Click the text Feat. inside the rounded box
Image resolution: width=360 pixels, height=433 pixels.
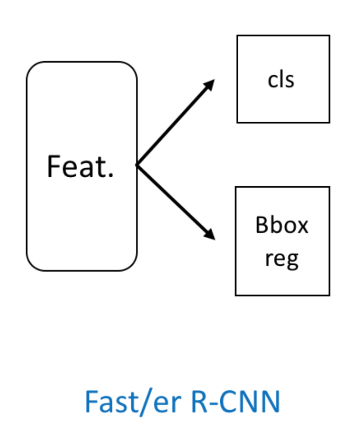click(80, 166)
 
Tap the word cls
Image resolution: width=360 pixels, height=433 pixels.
click(281, 80)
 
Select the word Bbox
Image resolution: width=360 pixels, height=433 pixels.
click(282, 225)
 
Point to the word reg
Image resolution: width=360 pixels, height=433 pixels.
click(281, 259)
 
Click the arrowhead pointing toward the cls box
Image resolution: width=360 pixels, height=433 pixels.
click(210, 84)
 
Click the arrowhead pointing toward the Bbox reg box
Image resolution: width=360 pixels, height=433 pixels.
click(210, 235)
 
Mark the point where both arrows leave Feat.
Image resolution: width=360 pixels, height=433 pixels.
click(137, 165)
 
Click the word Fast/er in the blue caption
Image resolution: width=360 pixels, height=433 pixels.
click(132, 402)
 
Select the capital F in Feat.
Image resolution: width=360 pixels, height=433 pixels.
click(53, 166)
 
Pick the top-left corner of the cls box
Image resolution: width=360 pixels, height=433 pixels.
click(237, 36)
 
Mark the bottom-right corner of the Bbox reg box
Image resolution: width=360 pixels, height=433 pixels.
click(329, 295)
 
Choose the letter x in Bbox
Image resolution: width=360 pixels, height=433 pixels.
click(303, 227)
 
